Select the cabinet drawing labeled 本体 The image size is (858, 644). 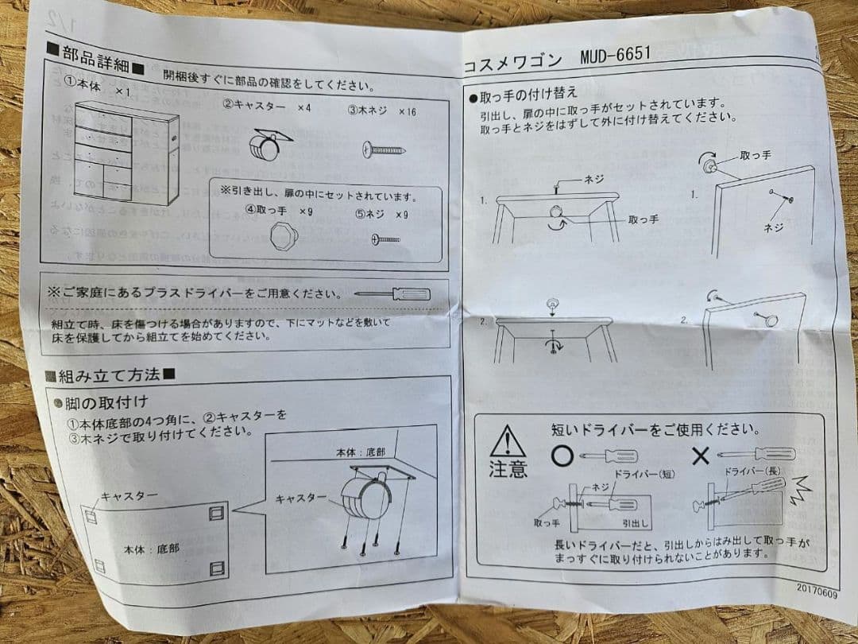point(126,153)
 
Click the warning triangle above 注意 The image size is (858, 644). point(507,441)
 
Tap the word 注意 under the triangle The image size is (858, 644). point(507,468)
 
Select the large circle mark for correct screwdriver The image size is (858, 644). point(562,456)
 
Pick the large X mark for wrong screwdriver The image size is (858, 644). point(700,456)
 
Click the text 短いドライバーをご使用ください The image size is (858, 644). point(654,429)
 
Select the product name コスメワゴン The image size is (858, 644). point(512,63)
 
